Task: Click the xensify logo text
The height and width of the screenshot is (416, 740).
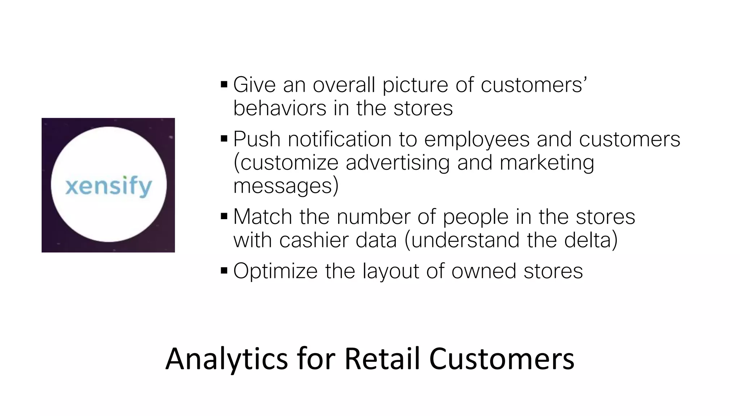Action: click(x=108, y=186)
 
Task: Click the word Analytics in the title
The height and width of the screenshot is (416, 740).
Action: click(x=227, y=359)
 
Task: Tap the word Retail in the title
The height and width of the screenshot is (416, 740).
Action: click(x=382, y=359)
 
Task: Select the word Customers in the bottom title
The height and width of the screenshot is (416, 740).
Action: click(x=502, y=359)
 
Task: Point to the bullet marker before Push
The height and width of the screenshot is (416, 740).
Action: click(x=224, y=139)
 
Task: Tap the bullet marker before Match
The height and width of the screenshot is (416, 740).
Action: click(x=224, y=217)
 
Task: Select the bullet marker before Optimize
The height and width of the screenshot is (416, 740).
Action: click(x=224, y=271)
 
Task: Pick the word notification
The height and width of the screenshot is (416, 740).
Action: click(x=340, y=139)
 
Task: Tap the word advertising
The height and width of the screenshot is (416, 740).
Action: click(x=397, y=163)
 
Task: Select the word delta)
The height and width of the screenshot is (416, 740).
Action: click(x=591, y=240)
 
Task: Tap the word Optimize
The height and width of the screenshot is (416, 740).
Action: click(x=275, y=272)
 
